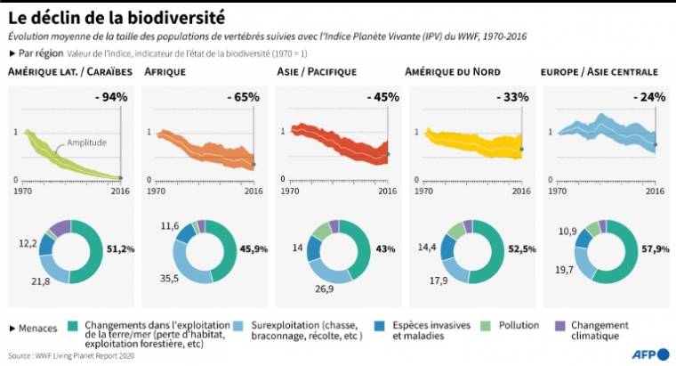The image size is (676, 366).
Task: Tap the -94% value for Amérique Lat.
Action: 112,97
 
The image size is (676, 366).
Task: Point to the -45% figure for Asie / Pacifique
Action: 374,97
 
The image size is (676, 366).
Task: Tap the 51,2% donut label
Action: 121,248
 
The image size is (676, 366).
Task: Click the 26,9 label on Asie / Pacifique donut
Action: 321,289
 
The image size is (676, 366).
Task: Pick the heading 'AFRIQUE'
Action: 164,72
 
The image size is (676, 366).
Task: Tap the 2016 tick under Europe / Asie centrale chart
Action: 654,191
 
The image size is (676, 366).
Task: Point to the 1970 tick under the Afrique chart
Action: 156,191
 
